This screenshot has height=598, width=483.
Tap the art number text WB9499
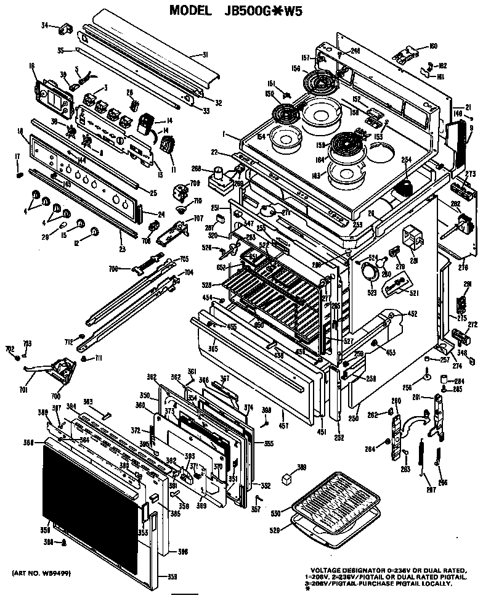click(x=48, y=573)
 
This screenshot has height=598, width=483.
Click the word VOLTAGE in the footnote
click(x=330, y=570)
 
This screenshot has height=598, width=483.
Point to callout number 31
click(x=205, y=54)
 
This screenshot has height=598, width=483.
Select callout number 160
click(x=433, y=46)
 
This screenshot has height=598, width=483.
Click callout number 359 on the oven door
click(x=171, y=576)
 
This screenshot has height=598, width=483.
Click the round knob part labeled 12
click(x=94, y=231)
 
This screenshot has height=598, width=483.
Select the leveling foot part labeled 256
click(x=426, y=374)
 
